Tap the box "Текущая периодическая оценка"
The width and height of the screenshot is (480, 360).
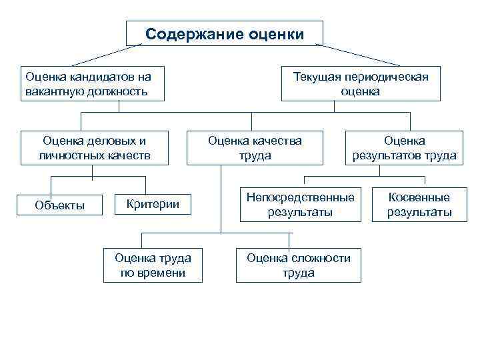pos(361,83)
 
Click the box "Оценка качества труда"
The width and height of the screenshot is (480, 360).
pos(255,148)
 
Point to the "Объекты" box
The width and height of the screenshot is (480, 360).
pos(59,205)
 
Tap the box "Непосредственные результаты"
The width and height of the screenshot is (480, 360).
pos(301,205)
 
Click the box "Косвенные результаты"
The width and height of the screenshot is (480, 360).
pos(419,205)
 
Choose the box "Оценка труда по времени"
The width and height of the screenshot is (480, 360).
pos(153,265)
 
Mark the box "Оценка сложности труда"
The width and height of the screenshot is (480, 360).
pos(299,265)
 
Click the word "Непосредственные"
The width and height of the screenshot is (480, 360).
pos(301,197)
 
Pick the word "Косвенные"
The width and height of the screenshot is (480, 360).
pos(419,197)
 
